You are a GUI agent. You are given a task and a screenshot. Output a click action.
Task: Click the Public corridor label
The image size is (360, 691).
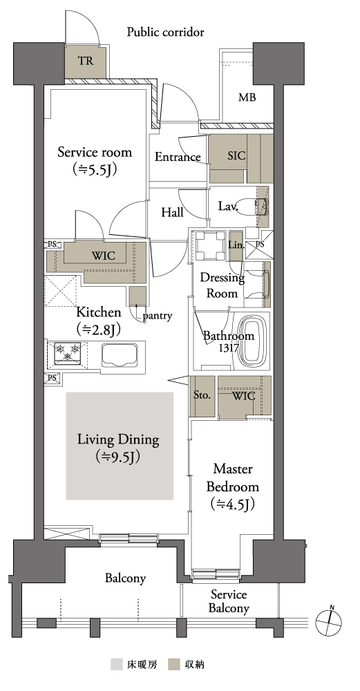click(165, 32)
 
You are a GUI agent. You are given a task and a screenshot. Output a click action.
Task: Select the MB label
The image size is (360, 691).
click(247, 97)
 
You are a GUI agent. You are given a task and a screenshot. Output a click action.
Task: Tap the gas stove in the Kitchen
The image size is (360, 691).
click(68, 352)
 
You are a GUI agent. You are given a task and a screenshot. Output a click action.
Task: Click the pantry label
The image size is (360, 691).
click(158, 316)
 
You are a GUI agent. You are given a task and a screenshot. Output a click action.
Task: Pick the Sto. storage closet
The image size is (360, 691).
click(202, 396)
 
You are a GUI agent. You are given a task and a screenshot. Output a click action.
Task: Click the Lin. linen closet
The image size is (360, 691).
click(236, 245)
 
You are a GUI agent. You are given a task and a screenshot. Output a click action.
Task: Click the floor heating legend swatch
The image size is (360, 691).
click(117, 664)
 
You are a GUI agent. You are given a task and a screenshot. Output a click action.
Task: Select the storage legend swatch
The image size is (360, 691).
click(174, 664)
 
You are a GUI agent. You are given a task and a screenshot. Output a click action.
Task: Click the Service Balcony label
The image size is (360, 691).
click(229, 602)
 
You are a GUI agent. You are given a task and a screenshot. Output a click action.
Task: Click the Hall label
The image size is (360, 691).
click(172, 212)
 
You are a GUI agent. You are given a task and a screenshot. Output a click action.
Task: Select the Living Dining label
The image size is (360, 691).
click(118, 439)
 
